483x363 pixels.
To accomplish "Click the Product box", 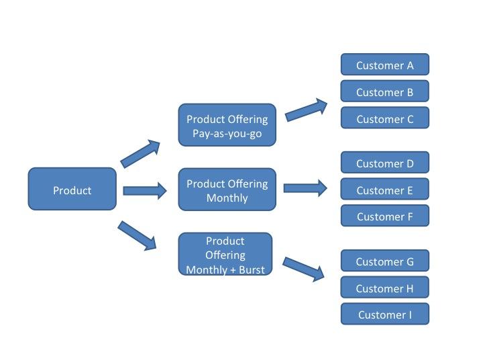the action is point(72,189).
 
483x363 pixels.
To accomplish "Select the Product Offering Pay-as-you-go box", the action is point(227,125).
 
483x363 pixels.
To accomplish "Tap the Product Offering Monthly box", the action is point(227,189).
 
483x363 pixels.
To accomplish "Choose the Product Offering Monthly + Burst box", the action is point(225,253).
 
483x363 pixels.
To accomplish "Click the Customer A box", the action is point(385,65).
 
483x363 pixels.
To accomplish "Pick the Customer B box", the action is point(385,91).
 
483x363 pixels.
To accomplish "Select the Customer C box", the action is point(385,118).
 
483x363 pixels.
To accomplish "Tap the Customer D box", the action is point(385,162).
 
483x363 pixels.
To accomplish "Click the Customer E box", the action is point(385,189).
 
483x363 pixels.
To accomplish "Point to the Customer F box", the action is point(385,216).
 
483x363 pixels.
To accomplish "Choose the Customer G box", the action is point(385,261).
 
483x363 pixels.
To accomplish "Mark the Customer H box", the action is point(385,287).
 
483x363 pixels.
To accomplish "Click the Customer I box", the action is point(385,314).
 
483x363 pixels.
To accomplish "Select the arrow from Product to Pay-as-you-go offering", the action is point(140,153).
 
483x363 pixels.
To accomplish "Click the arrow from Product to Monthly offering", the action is point(145,191).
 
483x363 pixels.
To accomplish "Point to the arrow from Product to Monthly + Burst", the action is point(138,236).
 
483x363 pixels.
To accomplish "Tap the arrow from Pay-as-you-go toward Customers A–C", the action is point(306,110).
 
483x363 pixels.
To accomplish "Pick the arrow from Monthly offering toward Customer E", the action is point(305,188).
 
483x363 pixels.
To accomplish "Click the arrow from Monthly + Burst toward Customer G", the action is point(304,269).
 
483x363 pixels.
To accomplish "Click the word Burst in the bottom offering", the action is point(252,270).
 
